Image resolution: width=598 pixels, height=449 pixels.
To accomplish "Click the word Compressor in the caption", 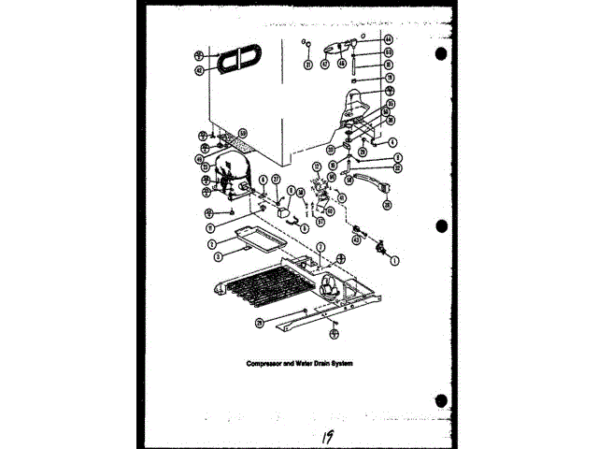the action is click(265, 363).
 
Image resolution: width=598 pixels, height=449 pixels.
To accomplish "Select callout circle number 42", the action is click(199, 69).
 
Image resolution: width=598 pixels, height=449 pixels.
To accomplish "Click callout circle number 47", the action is click(325, 64).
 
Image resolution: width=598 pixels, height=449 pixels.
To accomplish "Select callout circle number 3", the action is click(217, 253).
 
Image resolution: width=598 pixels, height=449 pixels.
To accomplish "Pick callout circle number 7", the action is click(320, 246).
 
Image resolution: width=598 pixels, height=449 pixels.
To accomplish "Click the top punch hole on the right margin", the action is click(441, 54).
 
